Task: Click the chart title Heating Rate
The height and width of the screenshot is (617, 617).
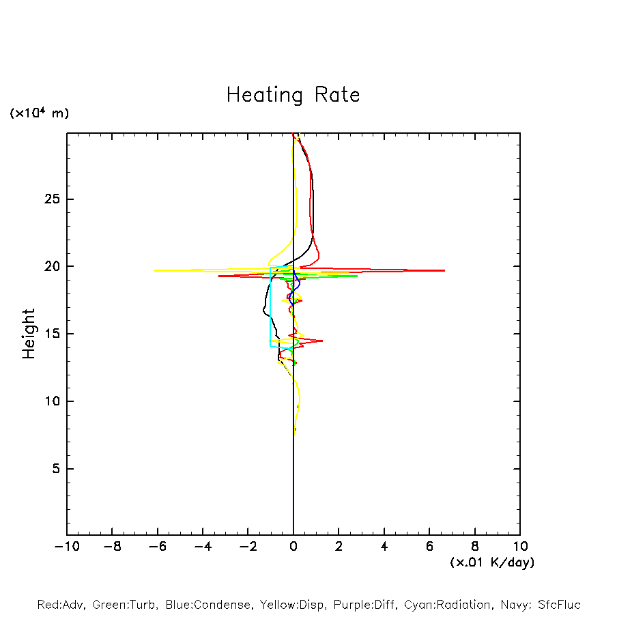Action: coord(293,95)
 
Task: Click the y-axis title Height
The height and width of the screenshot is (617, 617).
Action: coord(29,334)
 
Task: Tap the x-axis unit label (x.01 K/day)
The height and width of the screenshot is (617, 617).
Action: coord(491,562)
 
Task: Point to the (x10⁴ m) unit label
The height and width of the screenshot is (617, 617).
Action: coord(40,113)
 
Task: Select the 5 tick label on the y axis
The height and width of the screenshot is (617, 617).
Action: coord(57,469)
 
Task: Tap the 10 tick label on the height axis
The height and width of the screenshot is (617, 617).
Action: coord(53,401)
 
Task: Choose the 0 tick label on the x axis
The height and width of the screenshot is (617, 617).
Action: coord(293,547)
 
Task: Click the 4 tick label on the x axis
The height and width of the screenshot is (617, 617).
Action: coord(384,547)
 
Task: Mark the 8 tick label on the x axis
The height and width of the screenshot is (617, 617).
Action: coord(475,547)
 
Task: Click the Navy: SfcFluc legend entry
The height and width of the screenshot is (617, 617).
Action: coord(540,605)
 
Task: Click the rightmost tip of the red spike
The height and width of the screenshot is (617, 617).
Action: coord(444,271)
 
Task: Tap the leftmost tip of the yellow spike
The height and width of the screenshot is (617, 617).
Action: coord(155,270)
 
